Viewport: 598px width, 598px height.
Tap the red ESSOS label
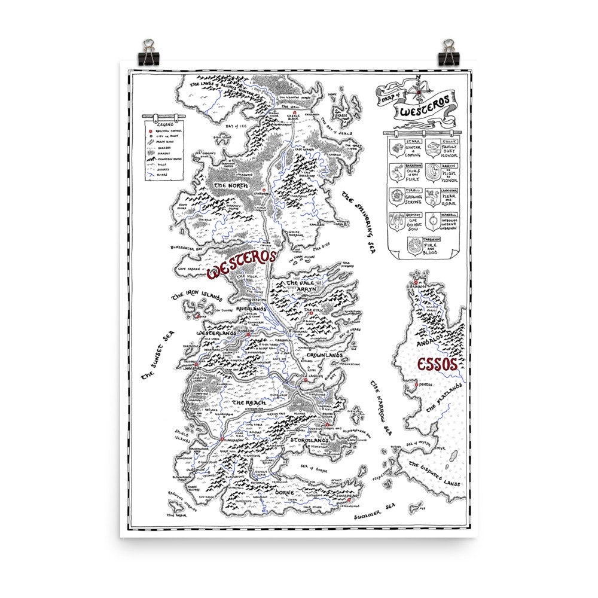434,364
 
